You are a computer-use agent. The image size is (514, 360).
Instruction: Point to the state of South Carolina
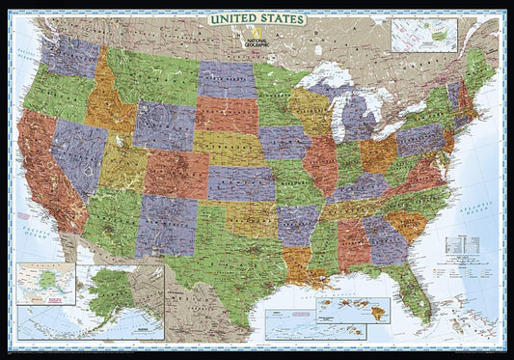pos(409,227)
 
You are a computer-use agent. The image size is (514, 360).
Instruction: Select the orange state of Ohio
pos(379,153)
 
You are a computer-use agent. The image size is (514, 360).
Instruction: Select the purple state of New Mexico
pos(165,225)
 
